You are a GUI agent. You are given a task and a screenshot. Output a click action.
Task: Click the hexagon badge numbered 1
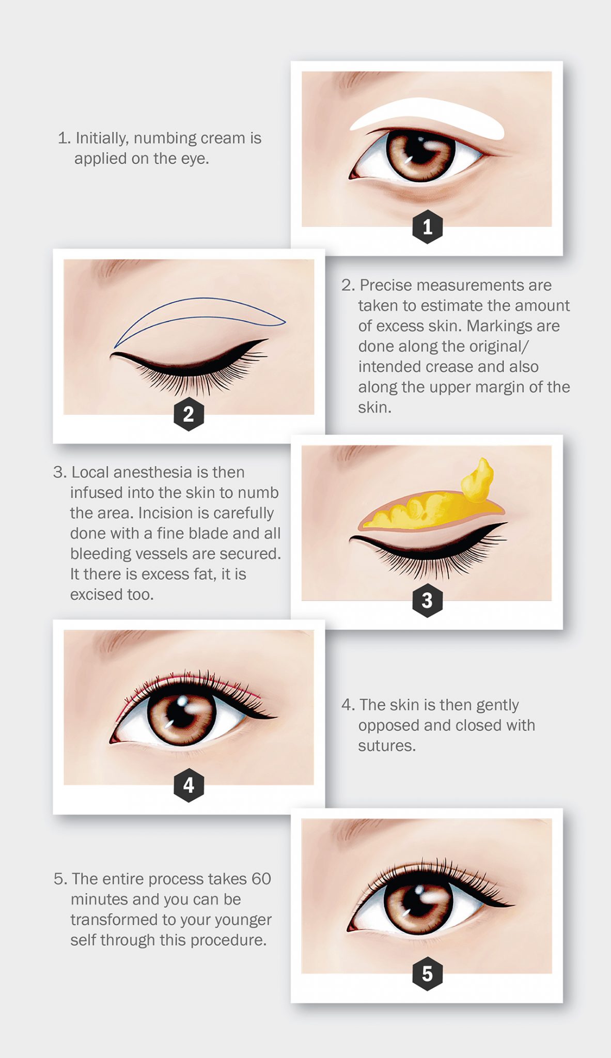(x=427, y=227)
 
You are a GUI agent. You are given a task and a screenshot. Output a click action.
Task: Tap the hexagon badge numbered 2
(x=189, y=414)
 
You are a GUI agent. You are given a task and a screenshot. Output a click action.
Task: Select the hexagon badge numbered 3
(x=427, y=600)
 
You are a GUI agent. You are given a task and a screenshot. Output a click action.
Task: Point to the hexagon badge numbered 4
(x=189, y=785)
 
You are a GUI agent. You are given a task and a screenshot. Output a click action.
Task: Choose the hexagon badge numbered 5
(x=427, y=974)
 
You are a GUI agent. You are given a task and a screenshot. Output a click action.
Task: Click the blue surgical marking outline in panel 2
(x=207, y=299)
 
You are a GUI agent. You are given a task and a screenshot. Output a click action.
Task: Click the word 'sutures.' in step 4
(x=387, y=745)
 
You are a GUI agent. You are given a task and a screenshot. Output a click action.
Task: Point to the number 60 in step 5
(x=261, y=879)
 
